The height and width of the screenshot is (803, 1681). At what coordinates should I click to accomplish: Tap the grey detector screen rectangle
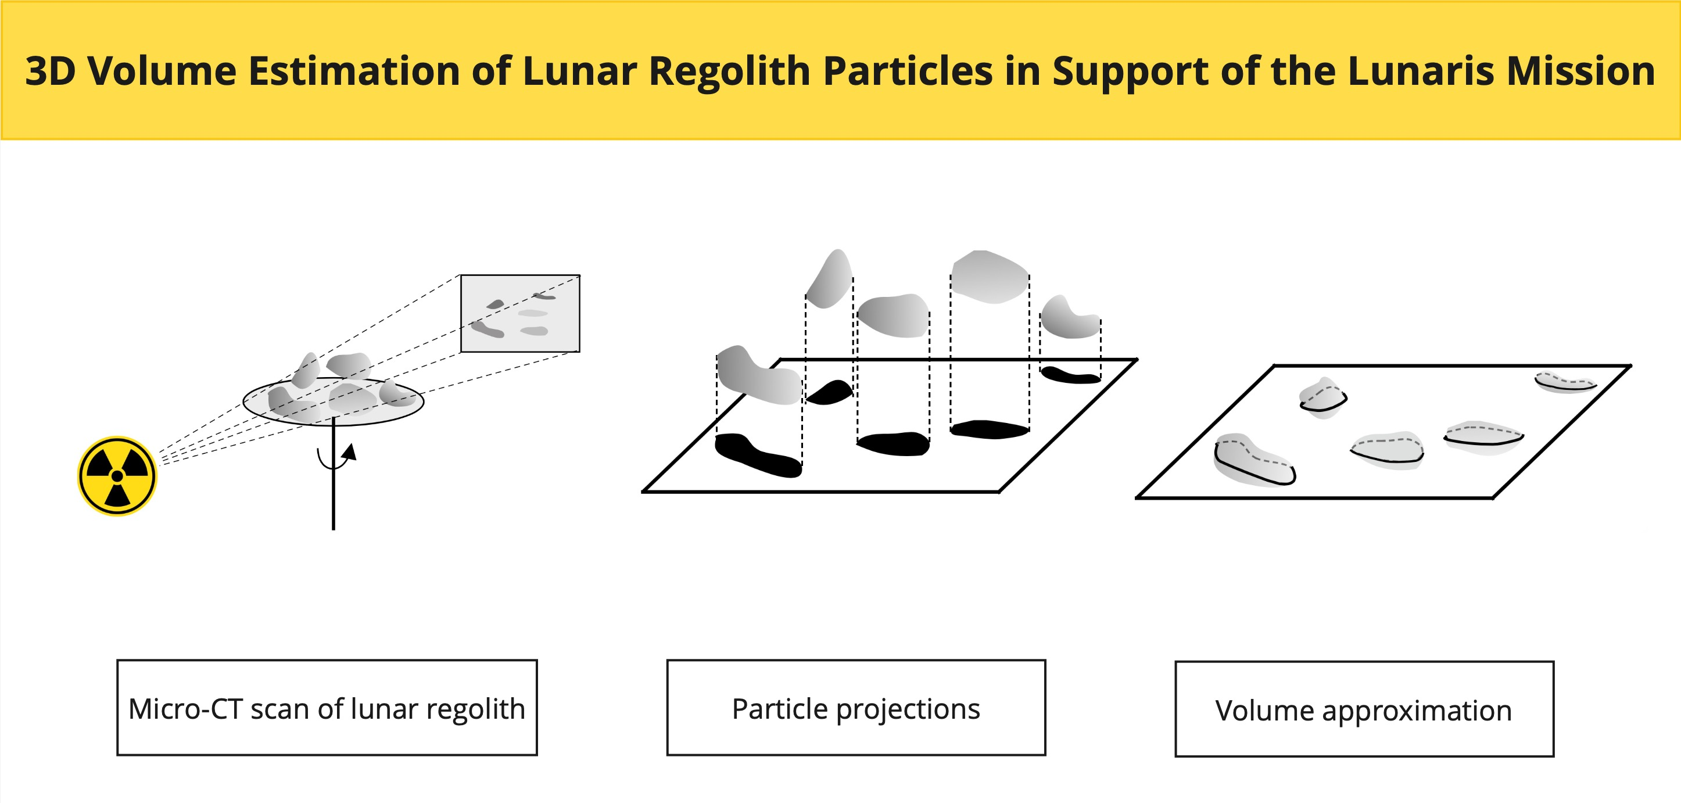(x=520, y=313)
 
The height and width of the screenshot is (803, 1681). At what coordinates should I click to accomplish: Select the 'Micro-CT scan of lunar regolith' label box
(x=327, y=708)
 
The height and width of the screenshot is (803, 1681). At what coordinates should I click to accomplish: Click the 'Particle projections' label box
(x=855, y=708)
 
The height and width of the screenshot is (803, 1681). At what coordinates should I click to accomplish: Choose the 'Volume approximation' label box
(x=1364, y=709)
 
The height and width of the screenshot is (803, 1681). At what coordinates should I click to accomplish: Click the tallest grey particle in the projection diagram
(x=830, y=279)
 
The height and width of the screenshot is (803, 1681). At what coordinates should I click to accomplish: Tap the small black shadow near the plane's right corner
(x=1070, y=375)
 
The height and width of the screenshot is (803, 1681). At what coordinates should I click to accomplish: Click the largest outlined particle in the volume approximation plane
(x=1253, y=460)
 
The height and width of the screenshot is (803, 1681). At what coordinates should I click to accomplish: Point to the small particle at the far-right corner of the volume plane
(x=1565, y=382)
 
